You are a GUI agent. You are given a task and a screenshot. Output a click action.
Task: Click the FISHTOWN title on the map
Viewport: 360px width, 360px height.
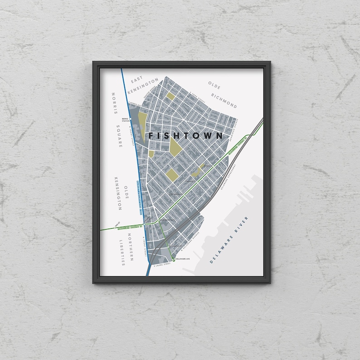[186, 135]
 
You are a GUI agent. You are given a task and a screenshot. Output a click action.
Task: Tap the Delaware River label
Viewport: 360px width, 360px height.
[230, 240]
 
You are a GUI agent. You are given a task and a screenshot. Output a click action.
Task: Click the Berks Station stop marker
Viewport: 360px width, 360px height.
[130, 119]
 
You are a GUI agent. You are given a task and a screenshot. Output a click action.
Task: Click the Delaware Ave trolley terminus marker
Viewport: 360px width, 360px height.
[173, 259]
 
